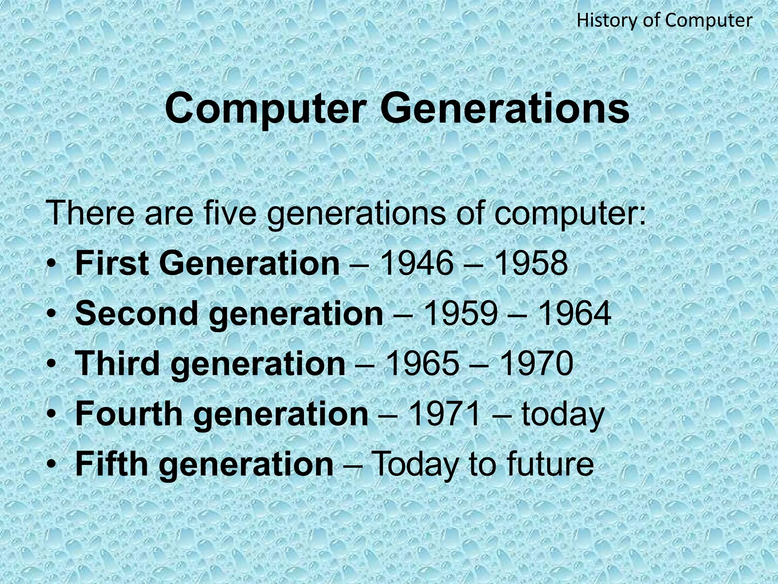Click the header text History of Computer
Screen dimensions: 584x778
[x=664, y=21]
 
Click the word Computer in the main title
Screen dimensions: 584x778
[x=263, y=109]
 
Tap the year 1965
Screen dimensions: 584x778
[x=422, y=364]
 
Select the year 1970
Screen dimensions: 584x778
[x=537, y=364]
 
